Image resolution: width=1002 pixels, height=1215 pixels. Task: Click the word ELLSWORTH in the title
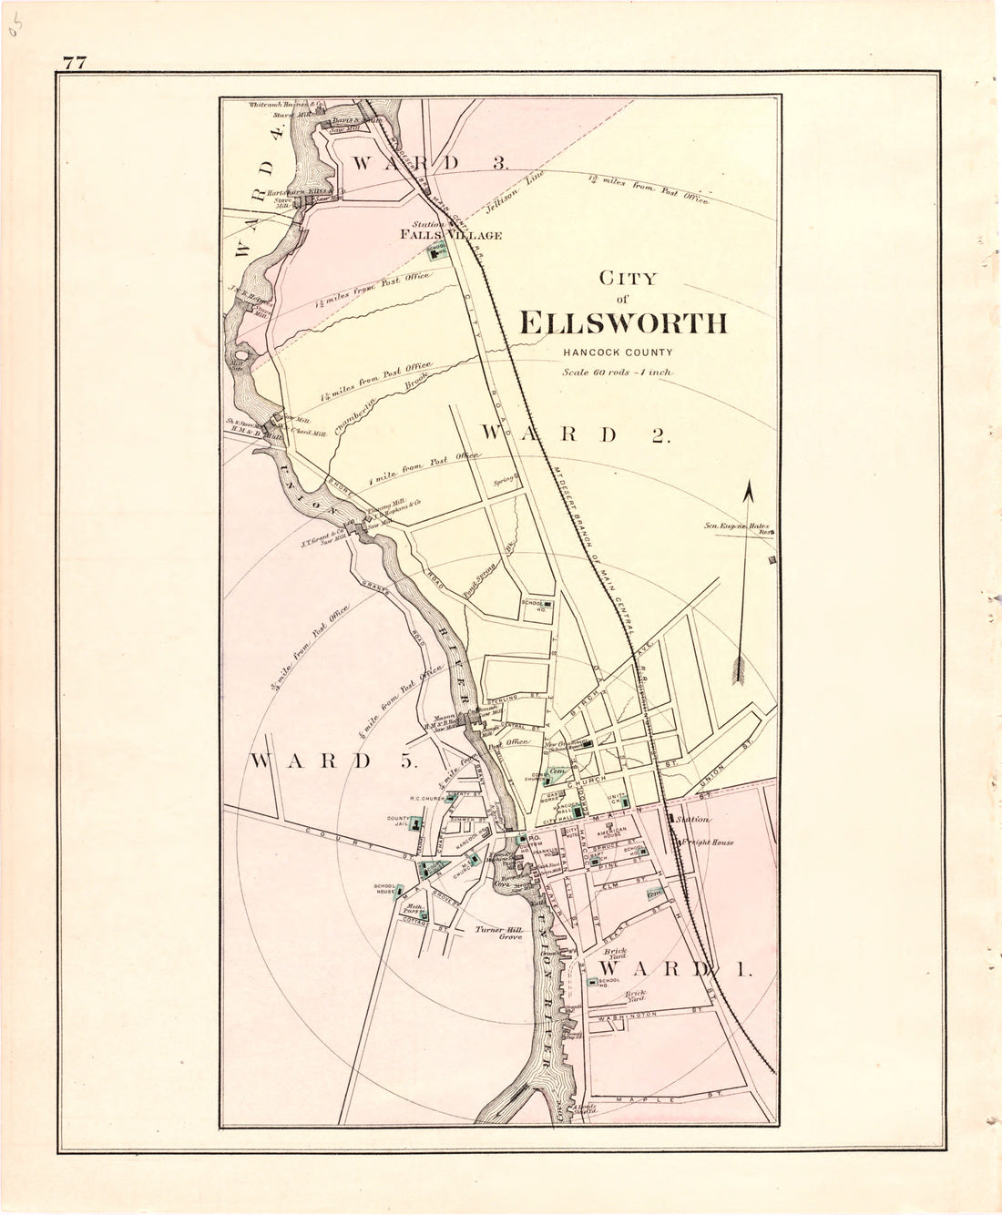pos(623,323)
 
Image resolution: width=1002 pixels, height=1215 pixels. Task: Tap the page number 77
pos(75,62)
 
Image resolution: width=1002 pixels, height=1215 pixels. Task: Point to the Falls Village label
pos(453,235)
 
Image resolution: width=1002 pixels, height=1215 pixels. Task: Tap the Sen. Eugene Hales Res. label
pos(738,527)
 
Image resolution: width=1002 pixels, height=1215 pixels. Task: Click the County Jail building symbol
pos(415,825)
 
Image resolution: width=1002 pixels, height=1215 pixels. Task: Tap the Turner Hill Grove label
pos(496,933)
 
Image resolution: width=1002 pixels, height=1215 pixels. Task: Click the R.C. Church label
pos(426,799)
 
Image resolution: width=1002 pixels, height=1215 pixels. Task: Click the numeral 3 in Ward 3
pos(499,164)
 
